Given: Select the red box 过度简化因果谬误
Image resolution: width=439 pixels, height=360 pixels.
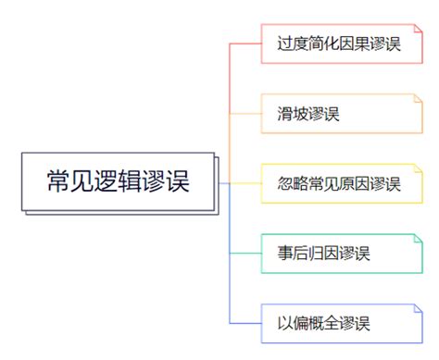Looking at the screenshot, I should (x=338, y=43).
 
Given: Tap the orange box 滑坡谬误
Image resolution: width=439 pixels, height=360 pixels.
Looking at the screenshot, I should (x=338, y=113).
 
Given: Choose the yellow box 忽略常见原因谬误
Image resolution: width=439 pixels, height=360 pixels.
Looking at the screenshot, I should (x=338, y=182).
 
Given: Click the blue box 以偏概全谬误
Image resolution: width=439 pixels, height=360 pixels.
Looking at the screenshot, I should (x=338, y=323).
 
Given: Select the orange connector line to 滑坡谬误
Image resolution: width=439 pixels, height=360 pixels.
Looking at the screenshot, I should (x=245, y=113).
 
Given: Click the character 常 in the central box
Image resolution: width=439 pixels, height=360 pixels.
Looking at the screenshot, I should (x=59, y=181).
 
